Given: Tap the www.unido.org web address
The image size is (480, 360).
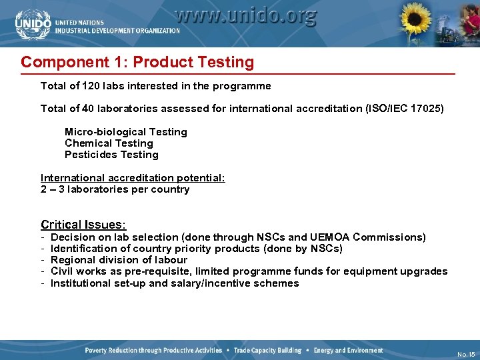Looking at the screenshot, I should point(245,15).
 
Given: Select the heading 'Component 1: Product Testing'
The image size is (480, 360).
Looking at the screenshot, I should point(137,63).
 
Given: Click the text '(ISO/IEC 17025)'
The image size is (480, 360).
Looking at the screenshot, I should point(401,109).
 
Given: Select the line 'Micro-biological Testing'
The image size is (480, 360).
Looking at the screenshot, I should point(125,132).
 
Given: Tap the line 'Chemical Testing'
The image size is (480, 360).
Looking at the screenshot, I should point(109,143).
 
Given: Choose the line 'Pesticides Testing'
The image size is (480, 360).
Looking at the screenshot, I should point(111,155).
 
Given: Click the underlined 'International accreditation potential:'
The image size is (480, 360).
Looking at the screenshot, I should point(133,178).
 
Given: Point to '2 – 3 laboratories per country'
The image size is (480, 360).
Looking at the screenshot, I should point(115,189).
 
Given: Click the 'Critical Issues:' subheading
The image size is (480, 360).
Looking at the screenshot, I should point(83,225).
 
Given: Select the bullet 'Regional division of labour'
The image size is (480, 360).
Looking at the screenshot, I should point(119,260).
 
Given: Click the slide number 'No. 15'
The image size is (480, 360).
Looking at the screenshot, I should point(466,354).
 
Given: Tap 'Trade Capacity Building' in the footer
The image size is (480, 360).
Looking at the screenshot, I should point(267,351).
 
